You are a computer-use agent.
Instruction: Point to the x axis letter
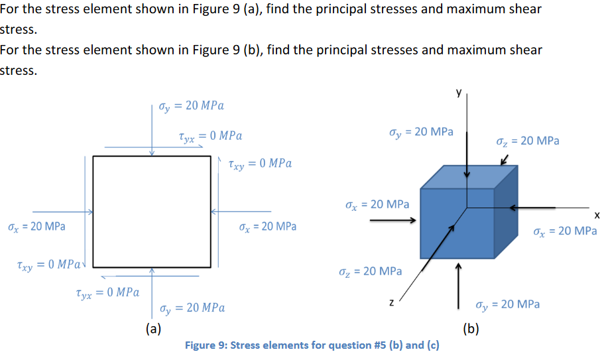pos(597,215)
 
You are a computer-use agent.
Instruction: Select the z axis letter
pos(392,303)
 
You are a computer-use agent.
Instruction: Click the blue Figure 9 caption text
pos(312,345)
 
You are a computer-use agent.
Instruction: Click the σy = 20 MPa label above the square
pos(192,105)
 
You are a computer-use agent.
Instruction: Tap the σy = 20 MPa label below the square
pos(192,308)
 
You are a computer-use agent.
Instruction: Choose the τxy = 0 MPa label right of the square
pos(259,163)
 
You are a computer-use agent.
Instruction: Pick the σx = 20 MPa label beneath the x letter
pos(564,231)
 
